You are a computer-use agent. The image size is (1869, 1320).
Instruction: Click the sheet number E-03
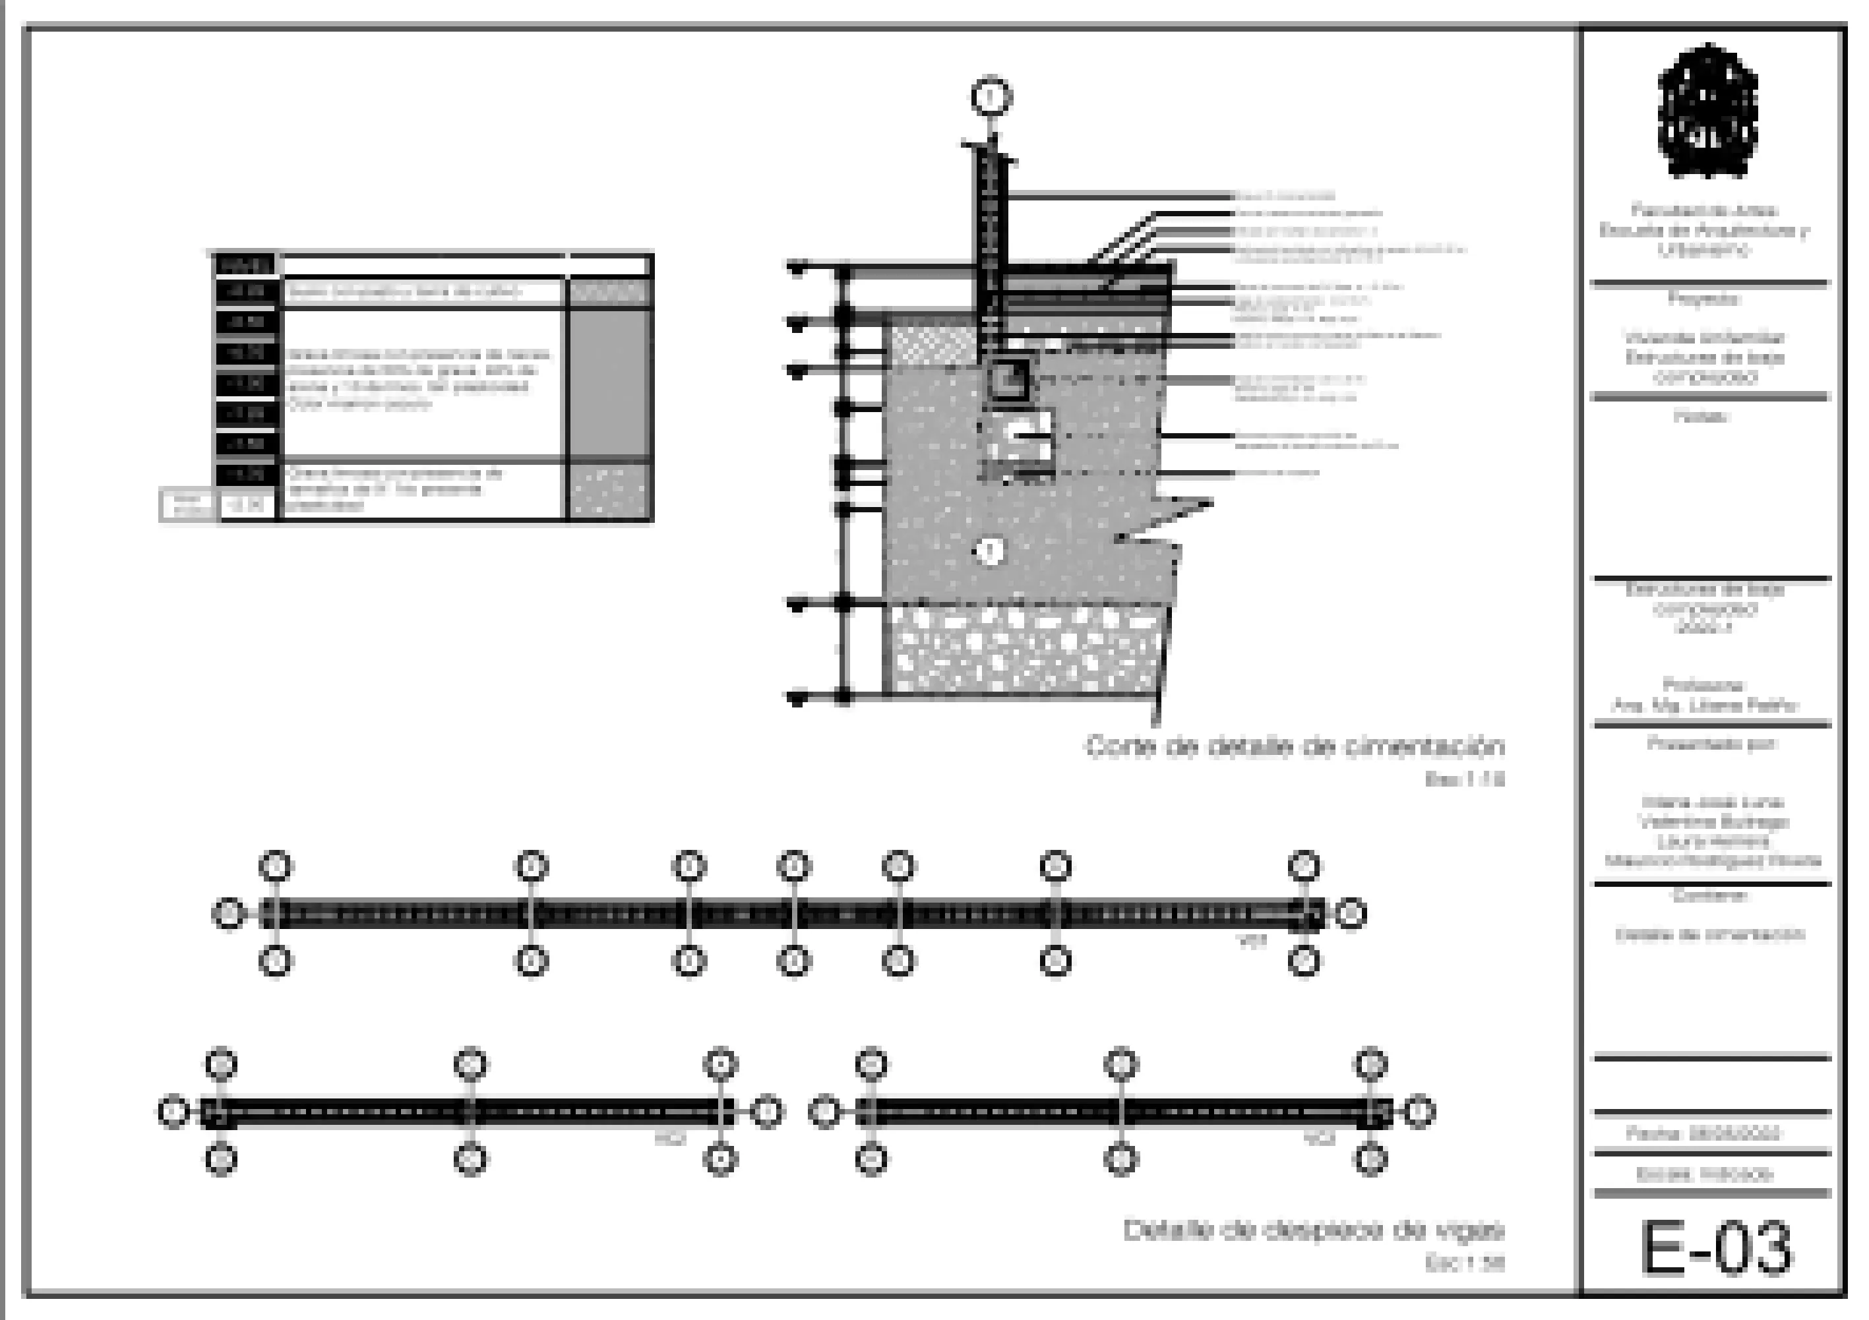pos(1715,1247)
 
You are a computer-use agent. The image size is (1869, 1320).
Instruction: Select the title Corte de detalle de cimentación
pos(1295,746)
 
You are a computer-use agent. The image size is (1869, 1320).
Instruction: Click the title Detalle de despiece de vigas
pos(1313,1230)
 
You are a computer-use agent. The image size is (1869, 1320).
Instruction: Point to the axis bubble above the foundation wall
pos(991,97)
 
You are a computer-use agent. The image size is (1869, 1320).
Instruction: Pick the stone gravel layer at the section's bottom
pos(1026,651)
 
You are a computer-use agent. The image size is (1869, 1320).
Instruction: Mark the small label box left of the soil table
pos(187,504)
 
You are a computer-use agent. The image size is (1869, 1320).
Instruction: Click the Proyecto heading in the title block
pos(1705,299)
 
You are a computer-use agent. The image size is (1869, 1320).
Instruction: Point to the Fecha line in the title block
pos(1703,1133)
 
